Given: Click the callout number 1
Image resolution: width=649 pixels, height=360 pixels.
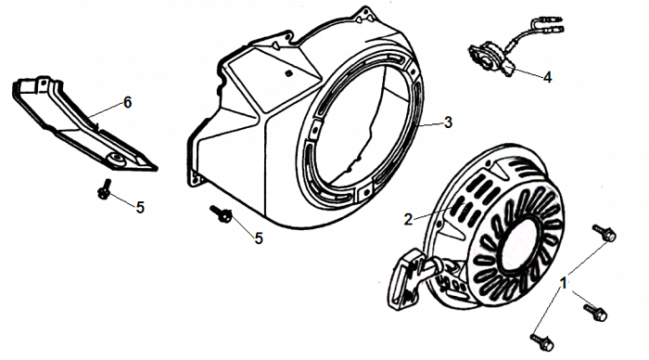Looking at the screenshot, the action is coord(563,283).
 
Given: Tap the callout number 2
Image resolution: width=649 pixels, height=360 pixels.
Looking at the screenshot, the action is coord(409,220).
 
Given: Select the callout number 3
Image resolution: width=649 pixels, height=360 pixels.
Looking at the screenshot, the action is coord(448,122).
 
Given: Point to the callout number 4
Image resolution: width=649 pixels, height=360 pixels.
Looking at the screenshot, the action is coord(547,77).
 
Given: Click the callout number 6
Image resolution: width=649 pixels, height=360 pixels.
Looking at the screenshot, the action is coord(128,102).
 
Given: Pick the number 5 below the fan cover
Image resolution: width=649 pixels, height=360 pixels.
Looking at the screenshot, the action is coord(259,238).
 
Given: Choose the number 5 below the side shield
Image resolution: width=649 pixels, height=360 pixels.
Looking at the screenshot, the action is coord(140,208).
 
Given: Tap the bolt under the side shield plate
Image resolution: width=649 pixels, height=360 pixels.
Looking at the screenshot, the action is coord(104,189).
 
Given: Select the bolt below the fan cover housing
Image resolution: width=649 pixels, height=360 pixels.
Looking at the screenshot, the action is coord(221,212).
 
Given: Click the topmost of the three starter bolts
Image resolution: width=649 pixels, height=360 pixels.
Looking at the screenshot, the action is coord(604,233).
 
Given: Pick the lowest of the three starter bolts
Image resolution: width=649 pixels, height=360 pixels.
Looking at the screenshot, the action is coord(541,342).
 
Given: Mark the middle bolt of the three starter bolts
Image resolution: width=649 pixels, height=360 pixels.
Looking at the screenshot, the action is coord(595,312).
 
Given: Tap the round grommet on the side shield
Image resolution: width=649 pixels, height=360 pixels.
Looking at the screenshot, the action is coord(116,159).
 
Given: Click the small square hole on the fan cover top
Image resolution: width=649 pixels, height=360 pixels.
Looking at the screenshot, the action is coord(288,73).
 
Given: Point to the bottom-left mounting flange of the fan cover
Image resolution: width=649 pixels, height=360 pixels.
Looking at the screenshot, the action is coord(197,178).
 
